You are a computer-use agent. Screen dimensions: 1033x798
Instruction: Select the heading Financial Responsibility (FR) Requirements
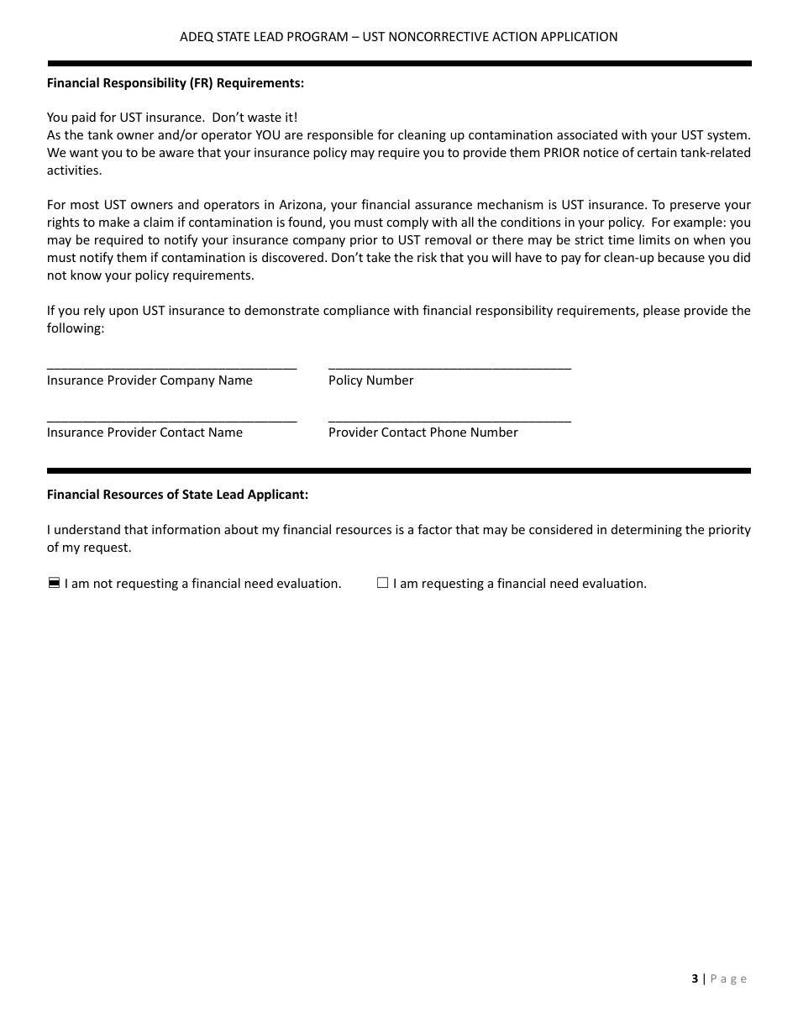[176, 83]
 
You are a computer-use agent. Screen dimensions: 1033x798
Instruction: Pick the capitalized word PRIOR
[562, 153]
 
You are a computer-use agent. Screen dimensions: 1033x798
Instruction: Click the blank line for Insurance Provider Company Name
[171, 366]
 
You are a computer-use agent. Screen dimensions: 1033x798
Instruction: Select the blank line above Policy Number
[449, 366]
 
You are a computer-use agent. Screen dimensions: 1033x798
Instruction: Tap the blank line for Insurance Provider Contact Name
[171, 418]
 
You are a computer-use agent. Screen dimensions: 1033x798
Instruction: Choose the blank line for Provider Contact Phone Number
[449, 418]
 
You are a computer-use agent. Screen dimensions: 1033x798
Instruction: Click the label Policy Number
[370, 380]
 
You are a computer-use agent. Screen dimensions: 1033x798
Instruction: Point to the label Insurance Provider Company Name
[150, 380]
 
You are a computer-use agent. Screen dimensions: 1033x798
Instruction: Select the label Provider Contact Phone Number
[423, 433]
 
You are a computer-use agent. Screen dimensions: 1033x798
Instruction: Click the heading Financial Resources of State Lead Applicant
[177, 495]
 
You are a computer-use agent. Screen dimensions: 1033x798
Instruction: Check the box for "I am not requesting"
[54, 583]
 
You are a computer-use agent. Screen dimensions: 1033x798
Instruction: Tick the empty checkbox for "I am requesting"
[382, 583]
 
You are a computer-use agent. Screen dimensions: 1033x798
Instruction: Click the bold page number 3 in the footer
[695, 978]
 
